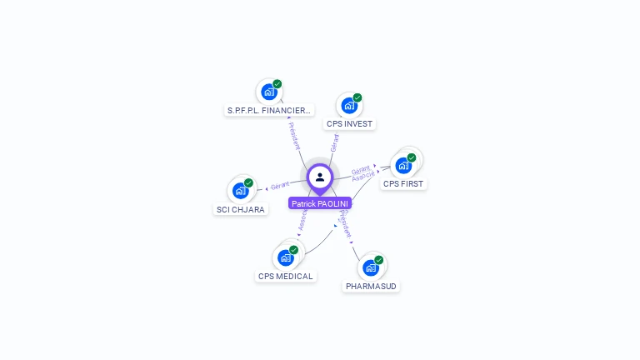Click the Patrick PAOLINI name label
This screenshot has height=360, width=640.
click(320, 203)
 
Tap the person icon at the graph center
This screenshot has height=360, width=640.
click(320, 177)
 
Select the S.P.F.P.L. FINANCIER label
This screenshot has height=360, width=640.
click(269, 110)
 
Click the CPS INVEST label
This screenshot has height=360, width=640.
click(349, 124)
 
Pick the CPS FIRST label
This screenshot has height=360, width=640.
click(403, 183)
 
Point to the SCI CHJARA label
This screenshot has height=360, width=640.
click(241, 210)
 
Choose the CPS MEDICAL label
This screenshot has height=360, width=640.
click(286, 277)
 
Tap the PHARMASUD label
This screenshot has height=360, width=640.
click(372, 287)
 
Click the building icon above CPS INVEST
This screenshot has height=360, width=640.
click(349, 106)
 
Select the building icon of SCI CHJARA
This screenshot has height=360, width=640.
click(241, 191)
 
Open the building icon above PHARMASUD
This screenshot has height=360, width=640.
click(371, 268)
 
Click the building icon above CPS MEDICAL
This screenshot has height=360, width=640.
click(286, 257)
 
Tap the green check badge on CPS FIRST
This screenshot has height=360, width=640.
click(412, 157)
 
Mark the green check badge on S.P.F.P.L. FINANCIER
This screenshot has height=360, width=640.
click(277, 84)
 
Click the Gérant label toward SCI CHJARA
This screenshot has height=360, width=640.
click(280, 185)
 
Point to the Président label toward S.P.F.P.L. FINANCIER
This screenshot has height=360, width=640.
click(294, 135)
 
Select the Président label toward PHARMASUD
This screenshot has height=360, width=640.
click(345, 225)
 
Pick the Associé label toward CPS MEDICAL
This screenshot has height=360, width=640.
click(302, 220)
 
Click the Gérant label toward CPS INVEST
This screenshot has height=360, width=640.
click(334, 142)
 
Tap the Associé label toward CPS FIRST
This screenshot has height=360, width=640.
click(363, 177)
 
